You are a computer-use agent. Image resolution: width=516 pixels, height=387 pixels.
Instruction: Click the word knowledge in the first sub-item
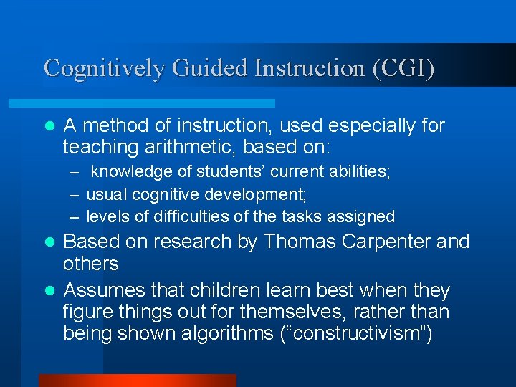pos(132,172)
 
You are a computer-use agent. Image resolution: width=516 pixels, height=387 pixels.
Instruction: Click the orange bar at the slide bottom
pos(137,381)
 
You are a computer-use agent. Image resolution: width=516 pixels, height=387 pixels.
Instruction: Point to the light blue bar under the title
pos(158,103)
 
